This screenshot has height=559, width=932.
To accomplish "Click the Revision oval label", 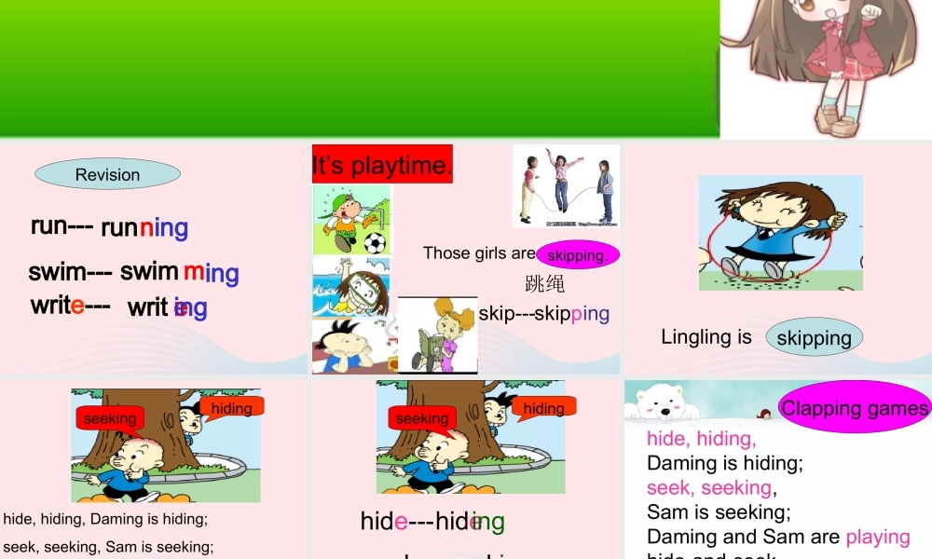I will pos(107,174).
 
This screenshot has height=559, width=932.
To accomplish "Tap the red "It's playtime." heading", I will pos(382,165).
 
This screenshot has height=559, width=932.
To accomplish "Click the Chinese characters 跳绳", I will pos(544,283).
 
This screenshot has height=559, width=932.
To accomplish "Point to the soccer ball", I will pos(375,243).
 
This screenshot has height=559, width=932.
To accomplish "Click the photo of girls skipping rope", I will pos(566,186).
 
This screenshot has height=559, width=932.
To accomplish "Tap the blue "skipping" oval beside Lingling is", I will pos(814,337).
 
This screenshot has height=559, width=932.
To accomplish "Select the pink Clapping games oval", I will pos(855,407).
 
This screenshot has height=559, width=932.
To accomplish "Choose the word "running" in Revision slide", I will pos(144,227).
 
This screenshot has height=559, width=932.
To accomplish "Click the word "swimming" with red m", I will pos(179,272).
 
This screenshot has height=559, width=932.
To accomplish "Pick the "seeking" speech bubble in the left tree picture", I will pos(110,419).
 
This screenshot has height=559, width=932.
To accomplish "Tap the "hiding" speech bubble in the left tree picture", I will pos(232,408).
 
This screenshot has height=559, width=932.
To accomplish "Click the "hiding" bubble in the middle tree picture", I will pos(543,408).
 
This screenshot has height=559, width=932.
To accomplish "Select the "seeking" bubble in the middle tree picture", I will pos(422,419).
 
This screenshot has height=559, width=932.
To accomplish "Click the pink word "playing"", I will pos(877,537).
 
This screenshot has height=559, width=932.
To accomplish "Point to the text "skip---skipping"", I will pos(543,313).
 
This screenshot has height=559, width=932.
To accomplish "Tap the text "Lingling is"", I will pos(706,336).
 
